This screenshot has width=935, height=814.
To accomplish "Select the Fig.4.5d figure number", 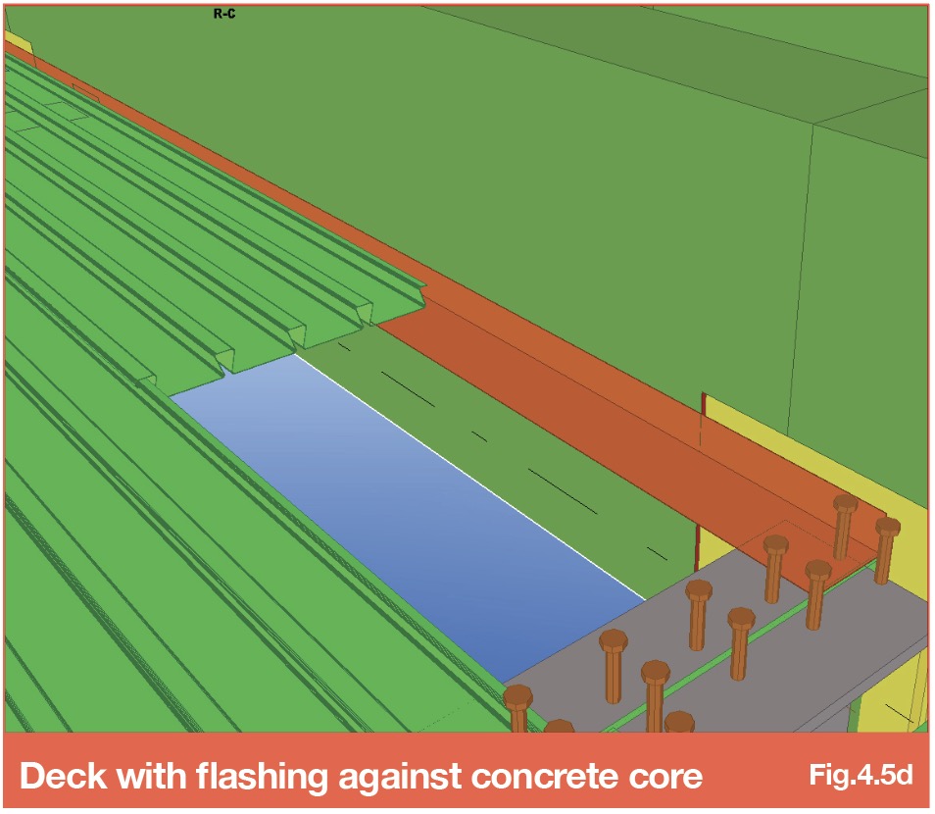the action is [861, 775].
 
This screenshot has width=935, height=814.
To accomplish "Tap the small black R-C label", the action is [224, 13].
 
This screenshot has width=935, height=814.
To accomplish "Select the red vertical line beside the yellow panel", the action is [698, 542].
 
